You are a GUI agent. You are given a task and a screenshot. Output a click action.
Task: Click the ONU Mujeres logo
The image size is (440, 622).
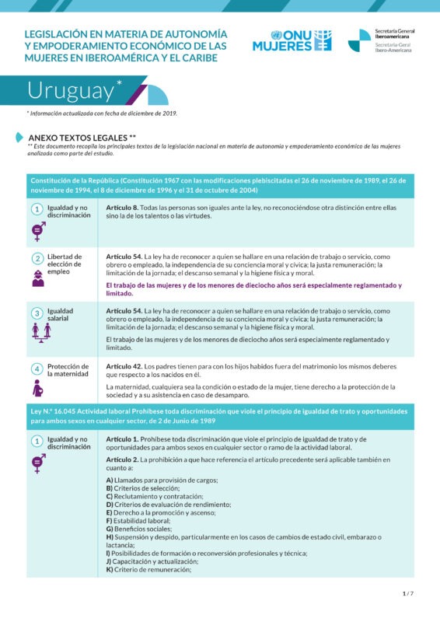tap(292, 40)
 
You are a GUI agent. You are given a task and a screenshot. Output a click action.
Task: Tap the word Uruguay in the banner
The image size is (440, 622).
tap(71, 90)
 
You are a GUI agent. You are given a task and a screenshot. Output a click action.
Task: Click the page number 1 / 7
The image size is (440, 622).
tap(408, 593)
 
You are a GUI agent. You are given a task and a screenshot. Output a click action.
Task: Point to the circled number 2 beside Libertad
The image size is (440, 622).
tap(37, 259)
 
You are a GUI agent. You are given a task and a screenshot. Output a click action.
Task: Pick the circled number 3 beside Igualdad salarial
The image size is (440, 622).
tap(37, 313)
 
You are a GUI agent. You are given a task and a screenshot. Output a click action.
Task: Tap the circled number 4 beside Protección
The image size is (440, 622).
tap(37, 368)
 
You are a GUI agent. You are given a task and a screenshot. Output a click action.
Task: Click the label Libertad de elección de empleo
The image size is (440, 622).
tap(64, 264)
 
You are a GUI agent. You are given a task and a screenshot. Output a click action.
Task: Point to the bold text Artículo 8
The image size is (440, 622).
tap(122, 208)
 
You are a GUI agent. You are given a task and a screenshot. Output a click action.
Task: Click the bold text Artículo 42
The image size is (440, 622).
tap(124, 366)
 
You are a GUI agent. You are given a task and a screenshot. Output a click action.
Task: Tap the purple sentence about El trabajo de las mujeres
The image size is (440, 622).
tap(253, 289)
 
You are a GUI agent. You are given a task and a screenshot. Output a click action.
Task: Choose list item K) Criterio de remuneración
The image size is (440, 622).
tap(148, 570)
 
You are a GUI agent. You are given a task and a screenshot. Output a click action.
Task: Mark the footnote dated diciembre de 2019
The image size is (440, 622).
tap(102, 114)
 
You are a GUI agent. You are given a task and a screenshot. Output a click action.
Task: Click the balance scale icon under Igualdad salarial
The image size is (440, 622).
tap(38, 331)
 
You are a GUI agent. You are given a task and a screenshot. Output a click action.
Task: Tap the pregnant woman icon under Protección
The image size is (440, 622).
tap(37, 387)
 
